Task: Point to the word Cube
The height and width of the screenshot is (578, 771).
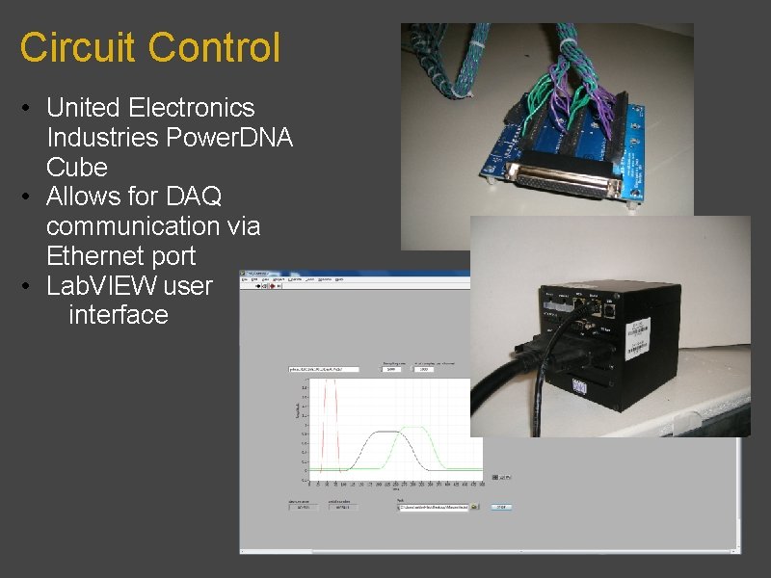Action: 76,167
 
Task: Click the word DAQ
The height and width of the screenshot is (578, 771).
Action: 193,197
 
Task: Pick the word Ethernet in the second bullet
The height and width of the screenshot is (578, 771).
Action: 92,256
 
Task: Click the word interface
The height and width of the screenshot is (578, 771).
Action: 119,315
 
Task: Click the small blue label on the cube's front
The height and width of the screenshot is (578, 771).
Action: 581,384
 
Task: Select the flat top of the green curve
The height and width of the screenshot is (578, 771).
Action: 413,427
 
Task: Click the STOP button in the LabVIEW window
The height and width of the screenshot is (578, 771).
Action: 501,507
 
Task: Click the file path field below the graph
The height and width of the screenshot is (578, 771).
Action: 434,507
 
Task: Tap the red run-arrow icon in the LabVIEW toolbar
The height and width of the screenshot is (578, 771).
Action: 273,286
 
